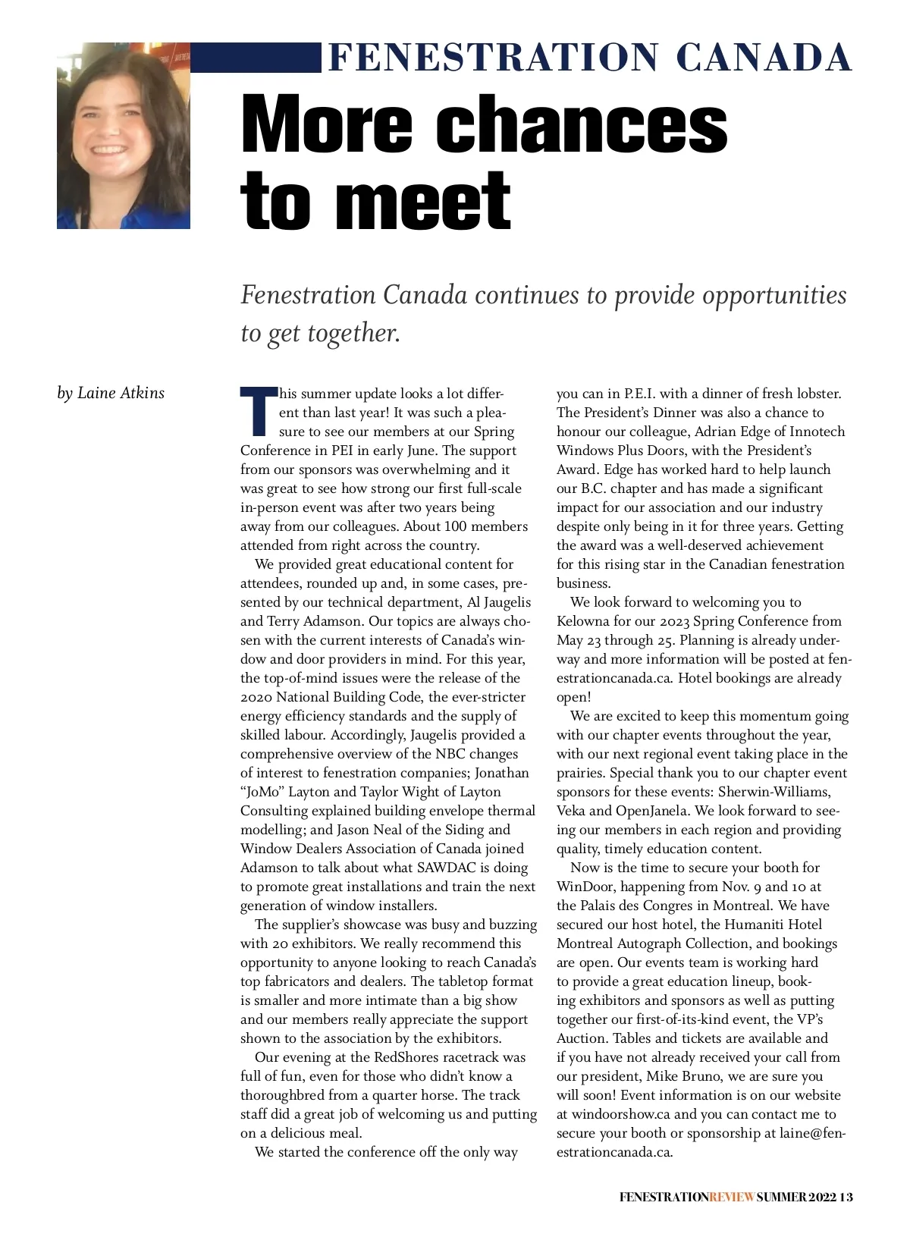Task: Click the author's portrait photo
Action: coord(123,136)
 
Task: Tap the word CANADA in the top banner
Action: coord(763,58)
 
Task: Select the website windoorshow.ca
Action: coord(621,1114)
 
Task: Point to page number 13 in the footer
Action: coord(846,1197)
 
